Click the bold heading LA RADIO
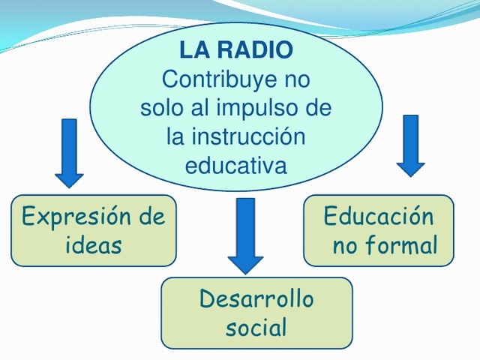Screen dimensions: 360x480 [236, 51]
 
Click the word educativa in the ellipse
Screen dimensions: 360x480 [236, 165]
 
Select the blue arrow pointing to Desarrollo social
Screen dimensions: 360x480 [245, 235]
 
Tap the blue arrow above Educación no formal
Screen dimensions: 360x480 [409, 145]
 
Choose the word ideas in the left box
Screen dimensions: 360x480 [94, 245]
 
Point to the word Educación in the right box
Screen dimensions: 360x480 [379, 217]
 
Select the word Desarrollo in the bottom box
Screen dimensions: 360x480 [256, 300]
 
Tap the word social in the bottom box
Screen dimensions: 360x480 [256, 328]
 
